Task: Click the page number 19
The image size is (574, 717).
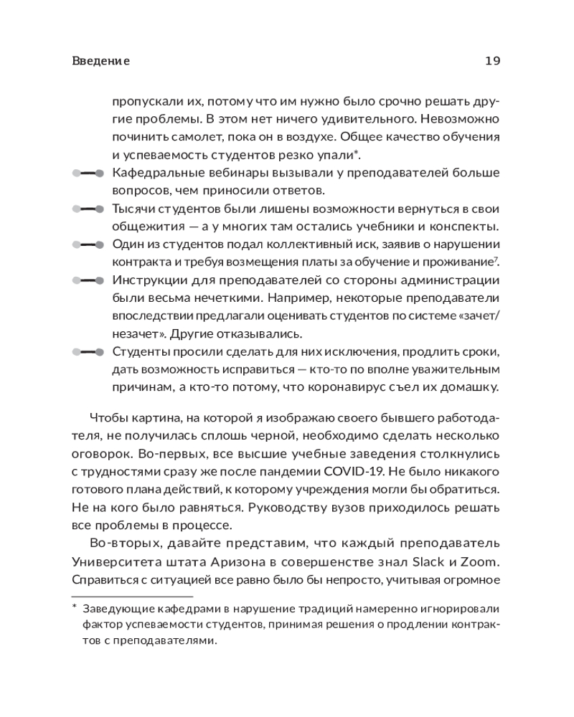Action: point(492,61)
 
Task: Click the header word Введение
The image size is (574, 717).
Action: point(101,61)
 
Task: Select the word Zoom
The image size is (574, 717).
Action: point(481,561)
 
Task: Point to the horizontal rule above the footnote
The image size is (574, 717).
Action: point(132,597)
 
